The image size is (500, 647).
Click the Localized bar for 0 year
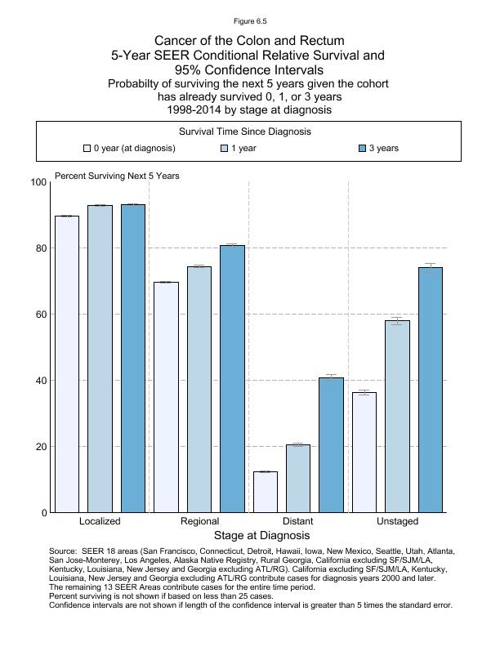tap(67, 364)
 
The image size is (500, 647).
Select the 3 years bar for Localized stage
tap(132, 359)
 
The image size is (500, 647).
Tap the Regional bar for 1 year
tap(199, 390)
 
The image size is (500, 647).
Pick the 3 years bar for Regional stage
tap(232, 379)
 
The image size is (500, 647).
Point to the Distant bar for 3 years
tap(331, 445)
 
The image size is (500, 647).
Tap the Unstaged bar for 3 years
tap(431, 390)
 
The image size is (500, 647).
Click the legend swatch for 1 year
tap(225, 149)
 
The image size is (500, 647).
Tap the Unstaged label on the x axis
tap(397, 521)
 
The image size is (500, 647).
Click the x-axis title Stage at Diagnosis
tap(261, 536)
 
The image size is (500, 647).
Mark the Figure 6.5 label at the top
tap(249, 20)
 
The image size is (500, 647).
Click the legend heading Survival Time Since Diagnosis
tap(250, 132)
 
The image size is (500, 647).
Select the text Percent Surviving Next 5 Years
tap(117, 176)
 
